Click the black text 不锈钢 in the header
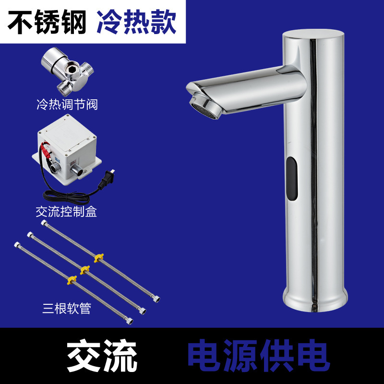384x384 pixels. [47, 22]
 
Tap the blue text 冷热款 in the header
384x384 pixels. [136, 22]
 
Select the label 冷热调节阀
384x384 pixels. [67, 105]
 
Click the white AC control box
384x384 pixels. [67, 149]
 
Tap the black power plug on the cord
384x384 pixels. [107, 180]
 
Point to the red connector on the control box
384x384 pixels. [47, 151]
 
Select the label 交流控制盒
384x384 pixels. [66, 212]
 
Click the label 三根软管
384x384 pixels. [67, 308]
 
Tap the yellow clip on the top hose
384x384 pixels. [98, 258]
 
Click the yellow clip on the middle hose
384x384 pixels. [85, 270]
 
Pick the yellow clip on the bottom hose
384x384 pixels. [72, 280]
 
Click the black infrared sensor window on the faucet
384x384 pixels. [292, 179]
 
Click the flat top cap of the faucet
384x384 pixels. [313, 34]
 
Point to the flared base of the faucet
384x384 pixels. [315, 300]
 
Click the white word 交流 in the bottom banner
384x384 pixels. [102, 356]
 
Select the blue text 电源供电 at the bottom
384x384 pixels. [259, 356]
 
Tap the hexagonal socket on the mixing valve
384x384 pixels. [73, 68]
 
